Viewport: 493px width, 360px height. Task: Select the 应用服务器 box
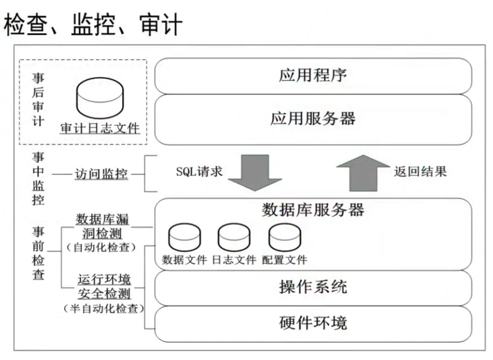coord(313,119)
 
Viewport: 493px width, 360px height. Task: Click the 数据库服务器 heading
coord(313,210)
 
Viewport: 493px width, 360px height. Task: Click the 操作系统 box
coord(313,287)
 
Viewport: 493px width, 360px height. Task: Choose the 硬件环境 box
coord(313,323)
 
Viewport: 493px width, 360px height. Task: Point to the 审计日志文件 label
coord(100,128)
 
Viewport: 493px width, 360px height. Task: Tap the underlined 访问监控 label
coord(101,174)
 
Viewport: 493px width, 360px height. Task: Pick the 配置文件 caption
coord(285,260)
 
